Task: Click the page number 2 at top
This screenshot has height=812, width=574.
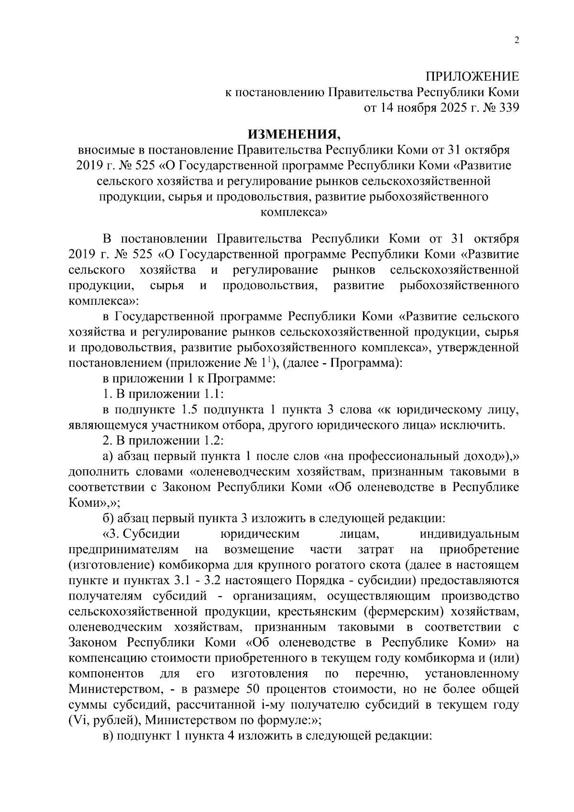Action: click(516, 40)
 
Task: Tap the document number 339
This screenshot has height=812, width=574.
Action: click(508, 108)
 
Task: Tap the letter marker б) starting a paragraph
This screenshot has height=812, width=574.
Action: click(108, 518)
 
